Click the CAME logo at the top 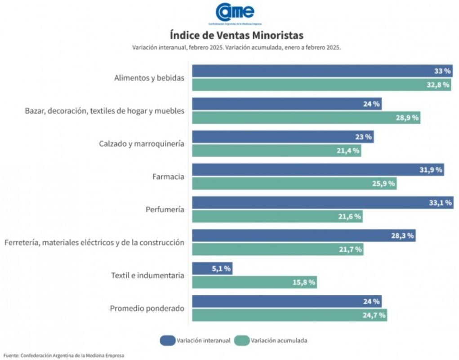(x=235, y=13)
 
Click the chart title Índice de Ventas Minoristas (x=236, y=35)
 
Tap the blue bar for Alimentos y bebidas (x=315, y=71)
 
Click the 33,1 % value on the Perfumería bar (x=440, y=203)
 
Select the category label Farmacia (x=168, y=177)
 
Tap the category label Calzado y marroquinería (x=142, y=144)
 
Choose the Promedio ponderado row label (x=147, y=308)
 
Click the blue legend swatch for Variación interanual (x=167, y=340)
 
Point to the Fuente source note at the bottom (x=63, y=355)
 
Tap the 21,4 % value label (x=348, y=151)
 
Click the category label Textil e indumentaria (x=147, y=276)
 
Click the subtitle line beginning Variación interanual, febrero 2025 (x=236, y=47)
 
